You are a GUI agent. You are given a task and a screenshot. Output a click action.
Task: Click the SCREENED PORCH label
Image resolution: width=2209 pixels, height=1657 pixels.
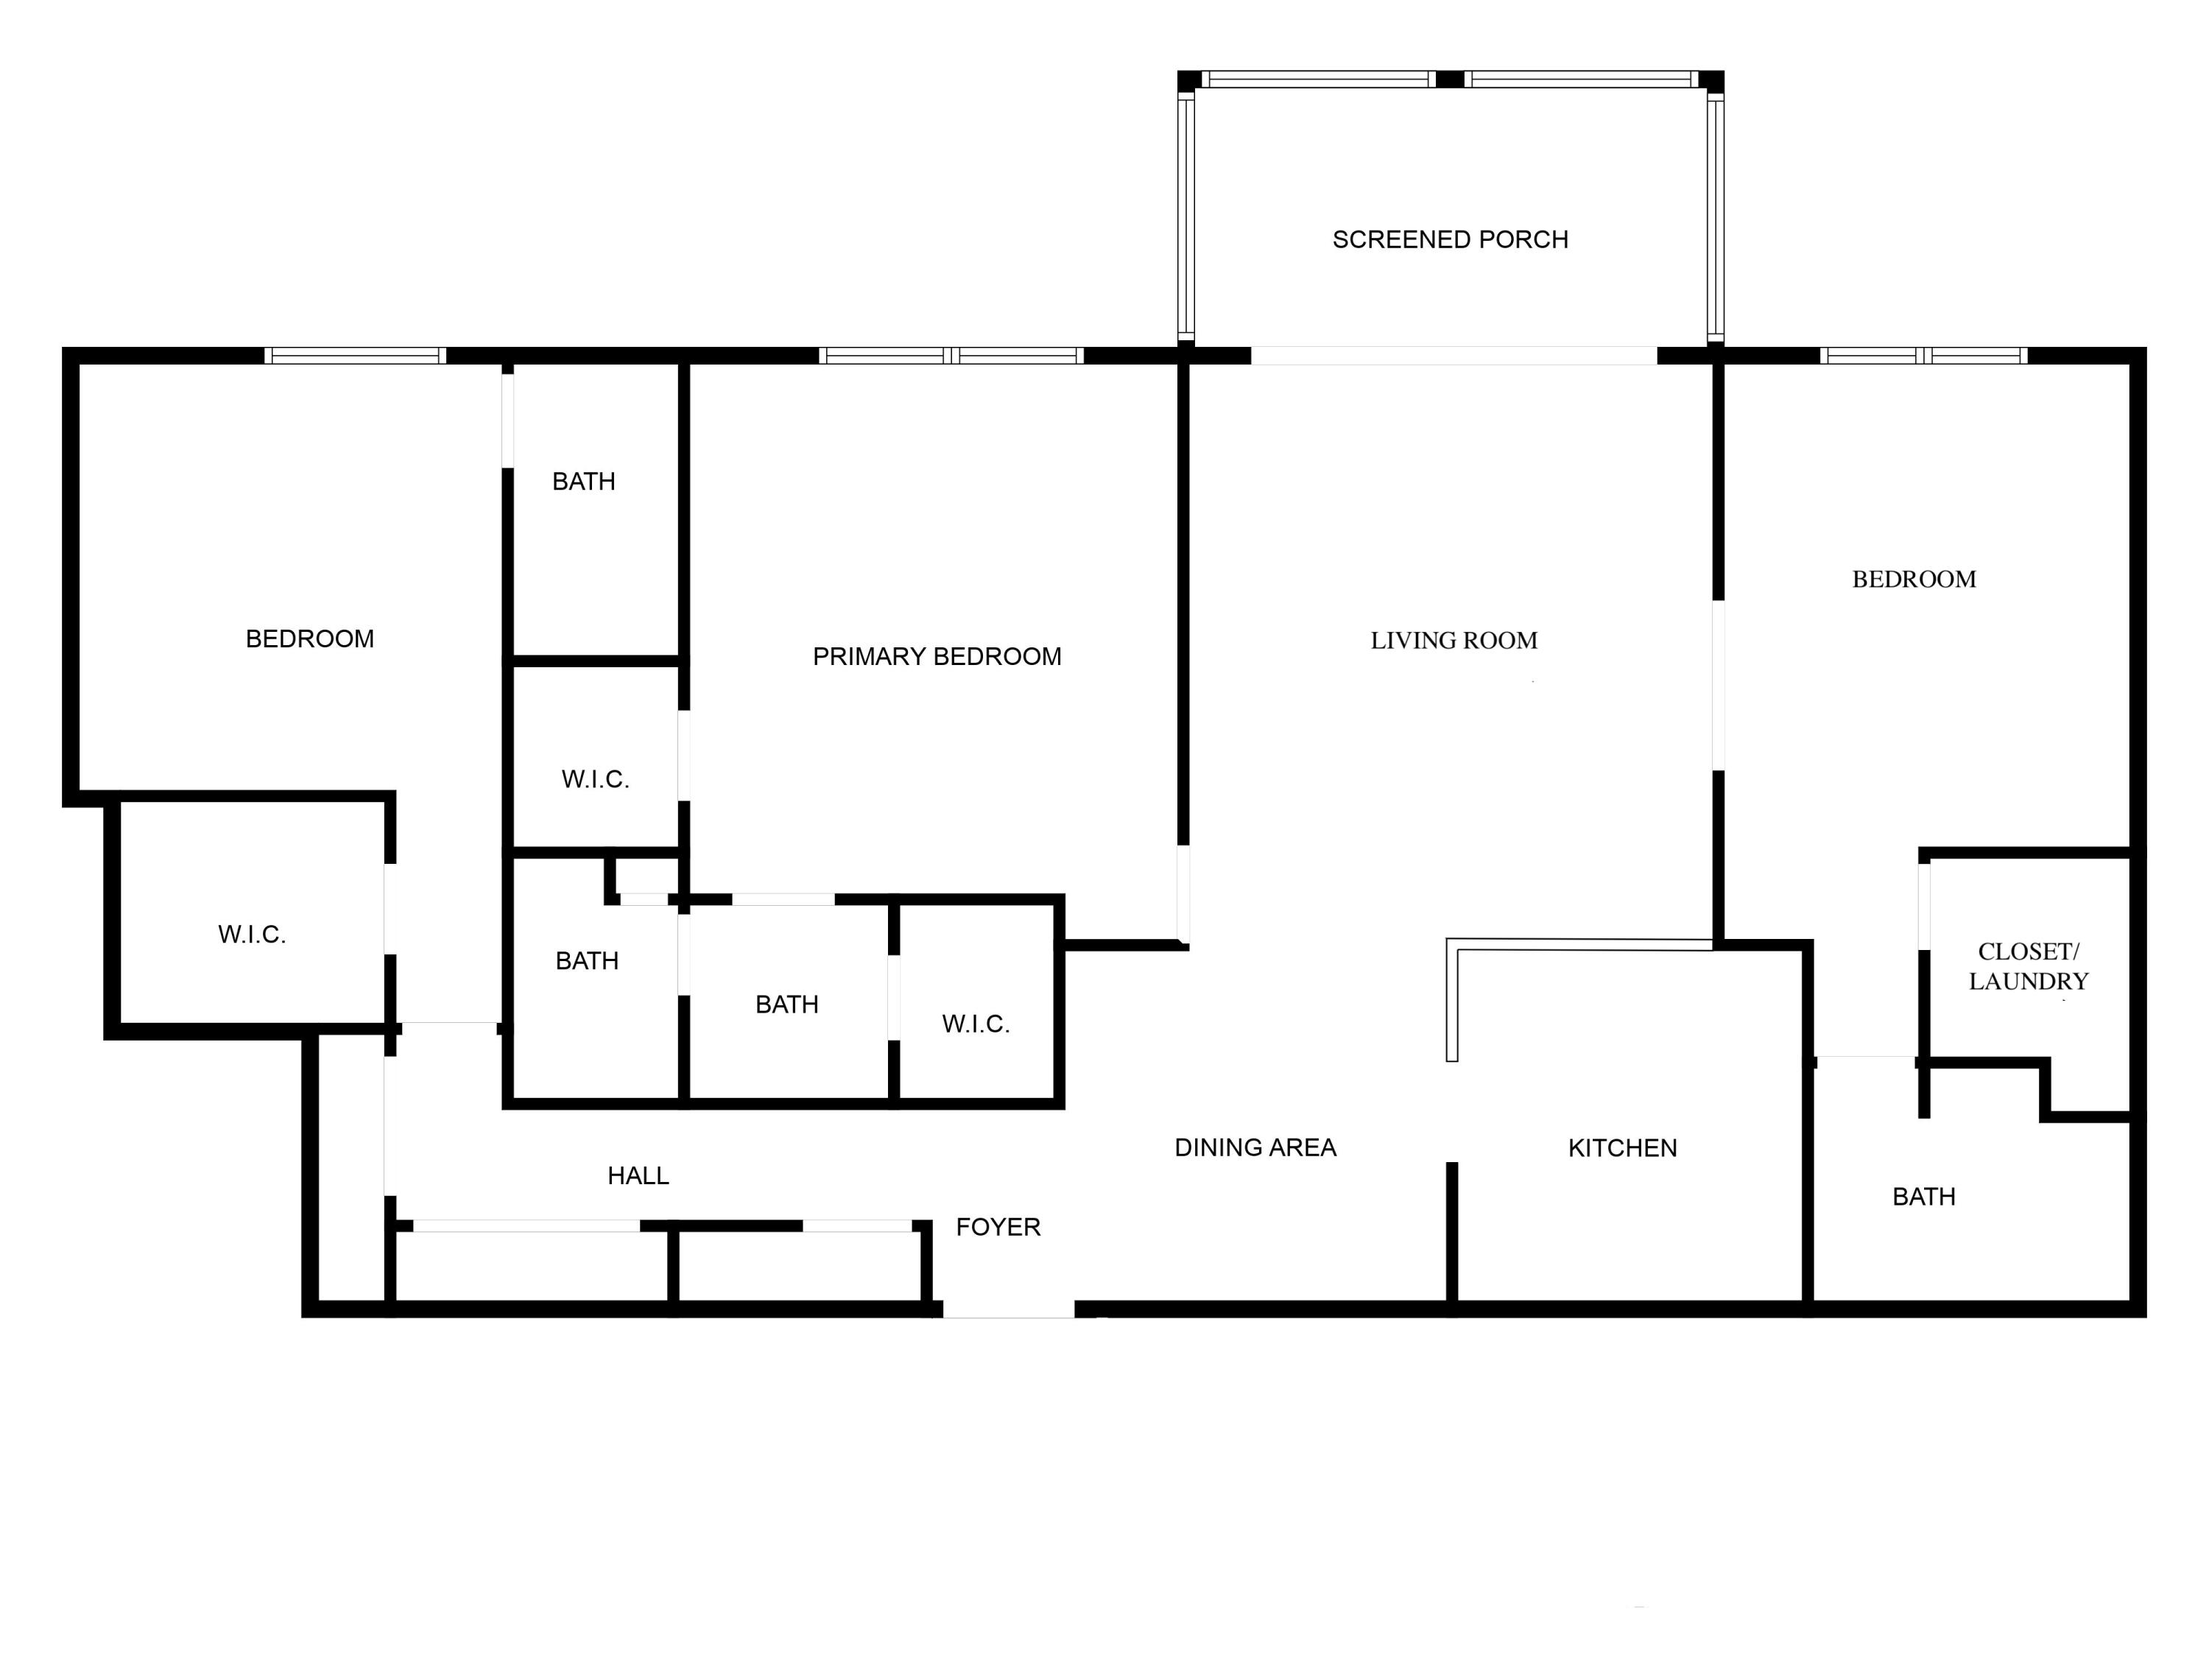pyautogui.click(x=1450, y=239)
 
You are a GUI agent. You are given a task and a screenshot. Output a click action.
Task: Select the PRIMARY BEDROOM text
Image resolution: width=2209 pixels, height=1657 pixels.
pyautogui.click(x=937, y=656)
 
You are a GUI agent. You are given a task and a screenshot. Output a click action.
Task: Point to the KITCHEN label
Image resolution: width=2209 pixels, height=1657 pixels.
pyautogui.click(x=1622, y=1147)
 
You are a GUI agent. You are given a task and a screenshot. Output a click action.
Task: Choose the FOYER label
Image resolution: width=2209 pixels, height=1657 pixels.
pyautogui.click(x=998, y=1226)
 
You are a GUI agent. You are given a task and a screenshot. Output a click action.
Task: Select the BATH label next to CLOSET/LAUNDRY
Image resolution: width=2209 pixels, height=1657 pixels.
pyautogui.click(x=1923, y=1197)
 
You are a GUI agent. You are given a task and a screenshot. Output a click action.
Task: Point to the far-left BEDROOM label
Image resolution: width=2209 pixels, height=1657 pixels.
pyautogui.click(x=309, y=639)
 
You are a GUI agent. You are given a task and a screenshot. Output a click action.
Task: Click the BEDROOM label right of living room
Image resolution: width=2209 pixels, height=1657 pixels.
pyautogui.click(x=1914, y=580)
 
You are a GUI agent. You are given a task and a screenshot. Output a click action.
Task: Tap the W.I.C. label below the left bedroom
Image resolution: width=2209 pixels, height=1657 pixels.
pyautogui.click(x=252, y=935)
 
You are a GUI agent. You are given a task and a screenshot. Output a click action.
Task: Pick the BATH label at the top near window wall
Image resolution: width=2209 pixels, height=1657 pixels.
pyautogui.click(x=583, y=482)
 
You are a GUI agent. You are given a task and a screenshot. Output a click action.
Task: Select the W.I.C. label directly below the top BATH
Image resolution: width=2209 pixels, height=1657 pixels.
pyautogui.click(x=595, y=779)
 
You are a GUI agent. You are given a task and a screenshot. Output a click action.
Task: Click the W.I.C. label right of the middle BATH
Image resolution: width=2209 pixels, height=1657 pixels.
pyautogui.click(x=976, y=1024)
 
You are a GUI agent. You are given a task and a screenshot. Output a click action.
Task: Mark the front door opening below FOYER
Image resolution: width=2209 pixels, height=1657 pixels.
pyautogui.click(x=1009, y=1309)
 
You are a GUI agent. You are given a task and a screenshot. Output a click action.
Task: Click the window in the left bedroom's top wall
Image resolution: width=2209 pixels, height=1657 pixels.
pyautogui.click(x=356, y=356)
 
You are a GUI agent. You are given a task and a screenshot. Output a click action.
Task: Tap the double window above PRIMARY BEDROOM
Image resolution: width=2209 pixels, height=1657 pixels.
pyautogui.click(x=951, y=356)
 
